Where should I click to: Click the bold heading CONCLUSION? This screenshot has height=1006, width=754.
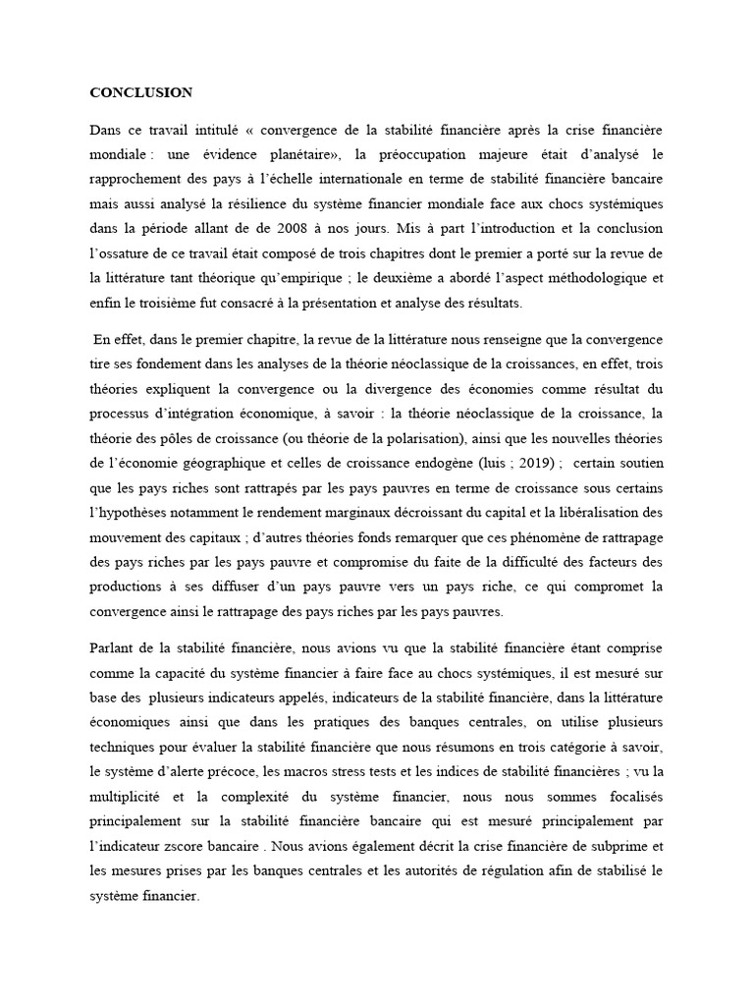pos(141,93)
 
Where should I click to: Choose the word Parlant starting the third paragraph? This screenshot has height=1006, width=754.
pos(115,648)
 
